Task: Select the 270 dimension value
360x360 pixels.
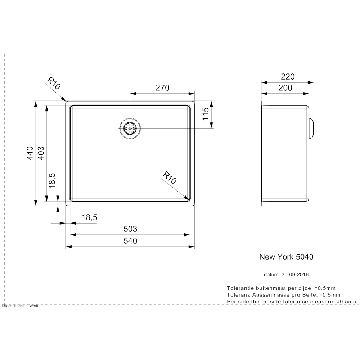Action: click(x=162, y=87)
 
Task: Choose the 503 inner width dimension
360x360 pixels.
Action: click(x=130, y=229)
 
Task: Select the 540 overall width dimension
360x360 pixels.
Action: click(x=130, y=241)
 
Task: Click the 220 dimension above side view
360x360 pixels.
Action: click(x=288, y=77)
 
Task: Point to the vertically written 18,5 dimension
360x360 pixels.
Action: click(x=52, y=180)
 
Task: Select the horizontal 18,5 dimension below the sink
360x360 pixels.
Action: click(x=90, y=217)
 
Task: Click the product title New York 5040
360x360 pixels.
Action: click(x=286, y=257)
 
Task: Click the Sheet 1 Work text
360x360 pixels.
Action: click(x=20, y=306)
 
